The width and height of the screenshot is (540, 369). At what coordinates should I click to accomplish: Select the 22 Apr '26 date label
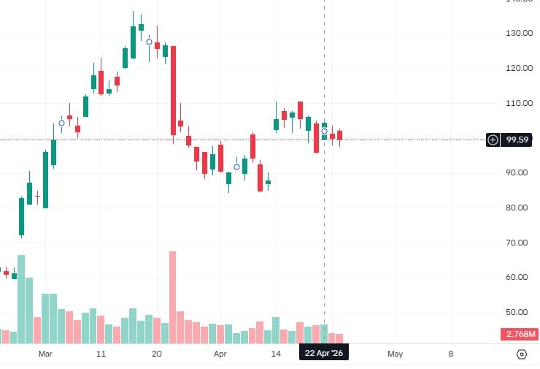point(323,354)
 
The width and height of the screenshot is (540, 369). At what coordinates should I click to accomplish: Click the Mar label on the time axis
point(46,354)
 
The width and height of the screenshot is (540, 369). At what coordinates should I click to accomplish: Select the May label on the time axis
point(395,354)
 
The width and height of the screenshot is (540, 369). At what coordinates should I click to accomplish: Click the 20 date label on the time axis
point(156,354)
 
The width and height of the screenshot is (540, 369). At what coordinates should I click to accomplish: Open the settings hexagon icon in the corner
point(522,354)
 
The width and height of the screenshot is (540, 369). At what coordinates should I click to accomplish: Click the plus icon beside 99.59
point(493,139)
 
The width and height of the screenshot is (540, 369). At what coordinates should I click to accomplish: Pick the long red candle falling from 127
point(174,91)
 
